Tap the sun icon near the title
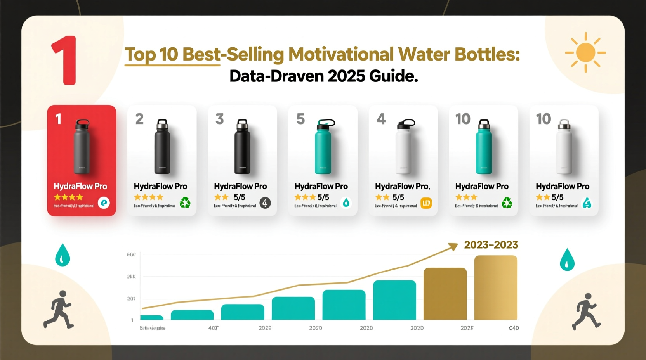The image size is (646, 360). pos(585,53)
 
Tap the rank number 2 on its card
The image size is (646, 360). pos(139,119)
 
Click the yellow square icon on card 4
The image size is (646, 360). pos(426,203)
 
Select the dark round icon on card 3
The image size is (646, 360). pos(265,202)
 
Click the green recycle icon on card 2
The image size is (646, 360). pos(185,202)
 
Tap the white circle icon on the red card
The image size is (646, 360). pos(104,202)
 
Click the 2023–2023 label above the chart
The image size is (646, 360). pos(491,245)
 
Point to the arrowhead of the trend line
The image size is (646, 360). pos(453,246)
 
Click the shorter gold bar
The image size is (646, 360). pos(445,294)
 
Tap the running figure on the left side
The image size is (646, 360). pos(59,309)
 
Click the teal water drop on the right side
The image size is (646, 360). pos(567,260)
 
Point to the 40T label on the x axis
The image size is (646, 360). pos(213,328)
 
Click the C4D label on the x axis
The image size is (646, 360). pos(514,328)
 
